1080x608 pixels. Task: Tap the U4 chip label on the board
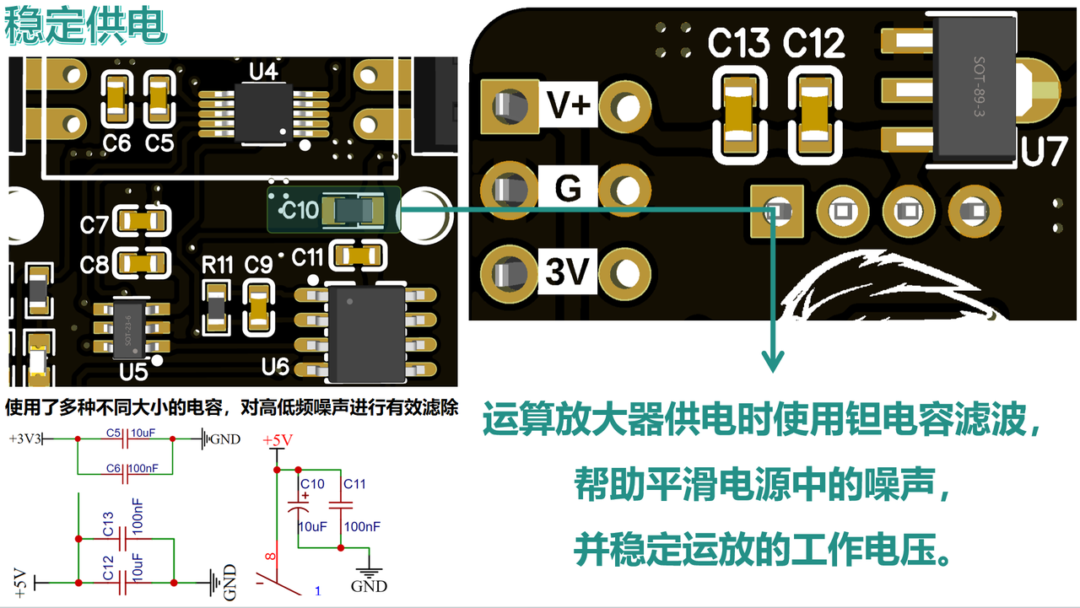[264, 72]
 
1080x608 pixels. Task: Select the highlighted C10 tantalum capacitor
[333, 209]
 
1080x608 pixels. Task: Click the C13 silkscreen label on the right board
[738, 44]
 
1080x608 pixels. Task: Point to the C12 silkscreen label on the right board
[813, 44]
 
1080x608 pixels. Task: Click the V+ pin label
[569, 105]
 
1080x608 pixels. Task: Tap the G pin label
[568, 188]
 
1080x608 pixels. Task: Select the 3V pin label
[568, 272]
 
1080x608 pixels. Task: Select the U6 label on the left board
[276, 367]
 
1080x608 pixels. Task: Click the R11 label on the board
[217, 266]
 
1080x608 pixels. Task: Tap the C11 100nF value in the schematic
[362, 526]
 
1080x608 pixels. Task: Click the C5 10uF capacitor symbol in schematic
[125, 439]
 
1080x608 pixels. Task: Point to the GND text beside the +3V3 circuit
[224, 439]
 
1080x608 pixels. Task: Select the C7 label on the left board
[94, 225]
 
